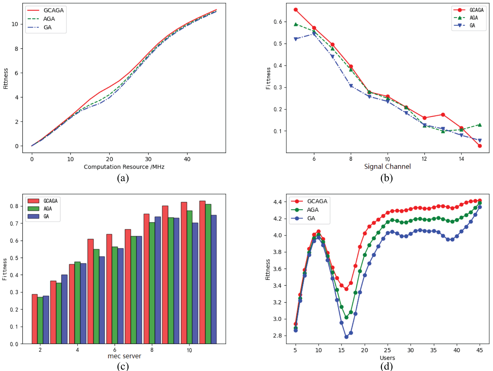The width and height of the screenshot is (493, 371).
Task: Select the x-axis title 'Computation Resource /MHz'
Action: click(124, 167)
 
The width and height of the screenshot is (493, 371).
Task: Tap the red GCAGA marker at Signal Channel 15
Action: click(480, 146)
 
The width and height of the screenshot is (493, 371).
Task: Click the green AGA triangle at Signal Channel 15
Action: click(480, 125)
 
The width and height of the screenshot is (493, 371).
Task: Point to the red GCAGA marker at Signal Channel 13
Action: click(443, 115)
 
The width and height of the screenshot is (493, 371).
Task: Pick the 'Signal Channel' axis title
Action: click(387, 166)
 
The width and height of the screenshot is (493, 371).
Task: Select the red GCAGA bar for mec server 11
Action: click(202, 272)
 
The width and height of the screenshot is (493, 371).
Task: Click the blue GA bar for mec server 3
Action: click(64, 309)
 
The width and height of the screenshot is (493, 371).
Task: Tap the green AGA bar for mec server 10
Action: click(189, 277)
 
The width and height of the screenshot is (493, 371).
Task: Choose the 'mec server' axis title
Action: click(124, 356)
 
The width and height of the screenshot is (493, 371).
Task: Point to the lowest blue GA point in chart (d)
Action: click(346, 337)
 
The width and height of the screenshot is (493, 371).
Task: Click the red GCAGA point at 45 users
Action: click(480, 201)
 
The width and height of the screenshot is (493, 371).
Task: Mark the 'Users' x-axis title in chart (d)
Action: click(387, 358)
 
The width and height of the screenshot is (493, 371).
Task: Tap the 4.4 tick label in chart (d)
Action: click(277, 202)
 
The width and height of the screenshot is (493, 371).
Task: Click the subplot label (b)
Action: click(386, 178)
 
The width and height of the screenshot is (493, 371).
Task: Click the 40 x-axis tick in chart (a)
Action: click(187, 159)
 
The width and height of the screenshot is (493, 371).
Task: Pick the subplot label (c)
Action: click(123, 366)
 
